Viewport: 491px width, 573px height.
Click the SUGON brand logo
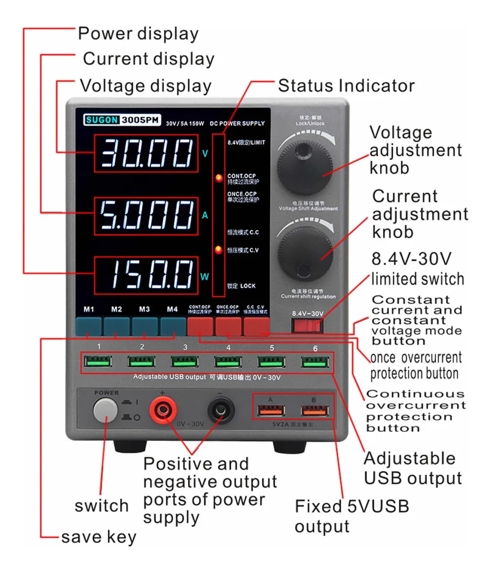(x=102, y=120)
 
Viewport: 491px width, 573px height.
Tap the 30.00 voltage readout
(x=146, y=154)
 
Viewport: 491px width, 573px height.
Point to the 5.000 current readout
(x=146, y=216)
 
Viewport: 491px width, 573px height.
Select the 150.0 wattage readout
(x=146, y=276)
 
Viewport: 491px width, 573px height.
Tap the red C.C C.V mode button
(x=256, y=327)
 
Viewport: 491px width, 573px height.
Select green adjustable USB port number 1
(x=98, y=361)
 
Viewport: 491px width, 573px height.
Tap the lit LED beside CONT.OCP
(x=219, y=179)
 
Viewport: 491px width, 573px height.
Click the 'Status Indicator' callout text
(x=346, y=86)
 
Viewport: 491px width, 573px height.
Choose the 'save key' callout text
(x=98, y=537)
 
